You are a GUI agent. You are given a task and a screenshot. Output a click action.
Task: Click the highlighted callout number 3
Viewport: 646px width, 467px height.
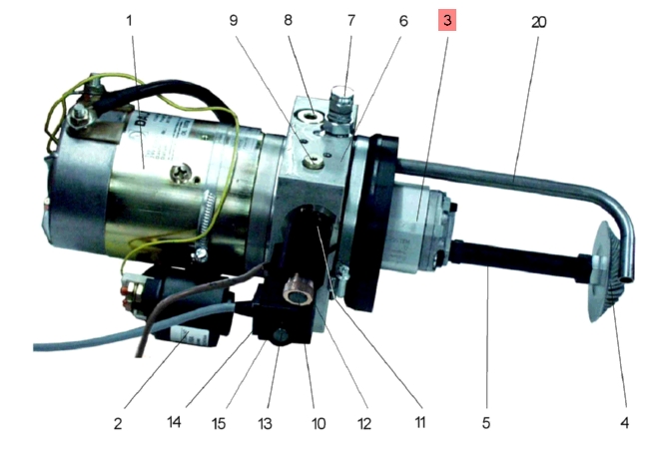pyautogui.click(x=447, y=20)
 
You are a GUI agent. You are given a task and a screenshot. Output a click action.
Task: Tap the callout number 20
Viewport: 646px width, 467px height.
pyautogui.click(x=539, y=22)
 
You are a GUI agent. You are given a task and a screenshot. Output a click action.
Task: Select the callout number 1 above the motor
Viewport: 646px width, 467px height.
pyautogui.click(x=129, y=20)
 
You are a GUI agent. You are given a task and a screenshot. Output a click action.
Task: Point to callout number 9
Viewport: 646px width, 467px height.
pyautogui.click(x=234, y=20)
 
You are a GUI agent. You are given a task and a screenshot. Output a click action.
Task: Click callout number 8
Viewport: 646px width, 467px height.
pyautogui.click(x=288, y=20)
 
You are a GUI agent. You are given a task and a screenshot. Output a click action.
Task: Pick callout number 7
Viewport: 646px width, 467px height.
pyautogui.click(x=351, y=20)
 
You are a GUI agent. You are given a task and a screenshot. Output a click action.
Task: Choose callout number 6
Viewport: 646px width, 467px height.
pyautogui.click(x=403, y=21)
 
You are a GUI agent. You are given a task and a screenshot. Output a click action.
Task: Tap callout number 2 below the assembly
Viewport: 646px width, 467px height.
pyautogui.click(x=118, y=423)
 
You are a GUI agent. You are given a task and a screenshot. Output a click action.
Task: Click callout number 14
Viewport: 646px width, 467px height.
pyautogui.click(x=174, y=422)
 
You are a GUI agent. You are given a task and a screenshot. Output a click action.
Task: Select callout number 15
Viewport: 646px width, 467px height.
pyautogui.click(x=219, y=423)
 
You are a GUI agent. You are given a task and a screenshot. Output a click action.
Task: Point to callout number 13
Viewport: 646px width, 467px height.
pyautogui.click(x=265, y=423)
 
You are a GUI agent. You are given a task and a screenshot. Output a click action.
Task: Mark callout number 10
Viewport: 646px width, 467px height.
pyautogui.click(x=319, y=423)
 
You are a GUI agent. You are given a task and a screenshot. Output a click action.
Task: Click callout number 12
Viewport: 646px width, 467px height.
pyautogui.click(x=364, y=423)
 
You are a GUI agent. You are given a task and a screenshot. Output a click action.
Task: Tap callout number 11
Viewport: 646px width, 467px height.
pyautogui.click(x=419, y=422)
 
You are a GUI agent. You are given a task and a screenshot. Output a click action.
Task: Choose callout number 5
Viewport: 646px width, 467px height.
pyautogui.click(x=486, y=423)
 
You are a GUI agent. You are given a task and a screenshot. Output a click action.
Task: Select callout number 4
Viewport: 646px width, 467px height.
pyautogui.click(x=625, y=423)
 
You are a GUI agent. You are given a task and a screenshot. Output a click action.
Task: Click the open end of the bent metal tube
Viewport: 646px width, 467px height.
pyautogui.click(x=628, y=278)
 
